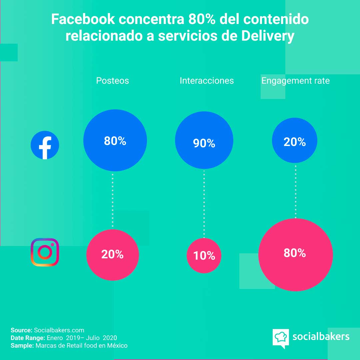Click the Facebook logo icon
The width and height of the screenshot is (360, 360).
[45, 145]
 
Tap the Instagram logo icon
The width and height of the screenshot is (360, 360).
[45, 252]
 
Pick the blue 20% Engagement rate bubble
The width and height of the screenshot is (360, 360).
[295, 141]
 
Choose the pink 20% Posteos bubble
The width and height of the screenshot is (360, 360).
[113, 255]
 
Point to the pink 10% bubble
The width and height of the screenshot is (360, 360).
[204, 256]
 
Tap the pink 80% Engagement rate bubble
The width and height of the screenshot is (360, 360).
[295, 255]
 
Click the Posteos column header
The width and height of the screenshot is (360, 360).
[112, 81]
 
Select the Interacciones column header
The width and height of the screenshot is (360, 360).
[207, 81]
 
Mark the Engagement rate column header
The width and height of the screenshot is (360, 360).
[295, 81]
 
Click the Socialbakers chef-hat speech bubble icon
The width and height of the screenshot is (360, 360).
[280, 337]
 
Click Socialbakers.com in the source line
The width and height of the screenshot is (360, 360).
[59, 330]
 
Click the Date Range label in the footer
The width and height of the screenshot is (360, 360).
[26, 338]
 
